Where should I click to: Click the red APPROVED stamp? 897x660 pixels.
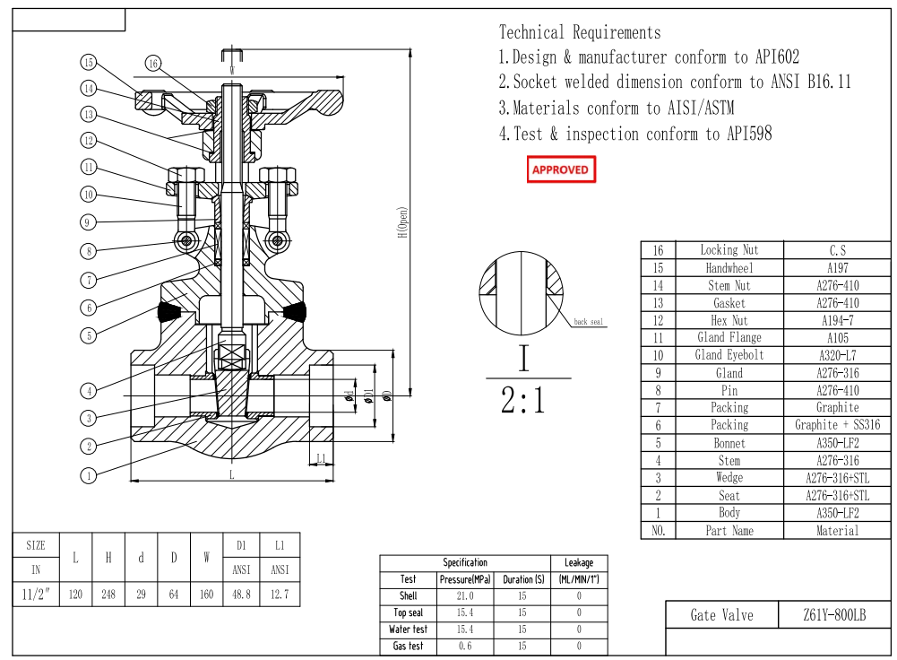[x=560, y=169]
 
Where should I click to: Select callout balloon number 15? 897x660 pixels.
[x=88, y=62]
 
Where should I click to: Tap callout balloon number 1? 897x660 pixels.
[x=88, y=476]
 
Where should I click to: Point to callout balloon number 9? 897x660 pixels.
[x=88, y=221]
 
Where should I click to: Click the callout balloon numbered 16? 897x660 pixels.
[x=153, y=63]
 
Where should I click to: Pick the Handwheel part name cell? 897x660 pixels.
[x=729, y=268]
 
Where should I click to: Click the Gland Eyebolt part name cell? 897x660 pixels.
[x=729, y=355]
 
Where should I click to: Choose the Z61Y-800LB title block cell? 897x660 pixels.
[x=834, y=615]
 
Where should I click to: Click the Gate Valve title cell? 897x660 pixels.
[x=721, y=615]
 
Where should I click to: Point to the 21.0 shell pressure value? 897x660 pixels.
[x=464, y=596]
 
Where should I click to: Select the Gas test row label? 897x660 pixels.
[x=408, y=647]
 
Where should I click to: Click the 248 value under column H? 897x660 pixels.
[x=108, y=594]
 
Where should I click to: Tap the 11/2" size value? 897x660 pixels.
[x=36, y=594]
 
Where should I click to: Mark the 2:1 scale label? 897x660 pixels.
[x=523, y=401]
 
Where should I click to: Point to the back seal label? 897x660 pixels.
[x=589, y=321]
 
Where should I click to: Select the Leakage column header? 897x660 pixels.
[x=578, y=563]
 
